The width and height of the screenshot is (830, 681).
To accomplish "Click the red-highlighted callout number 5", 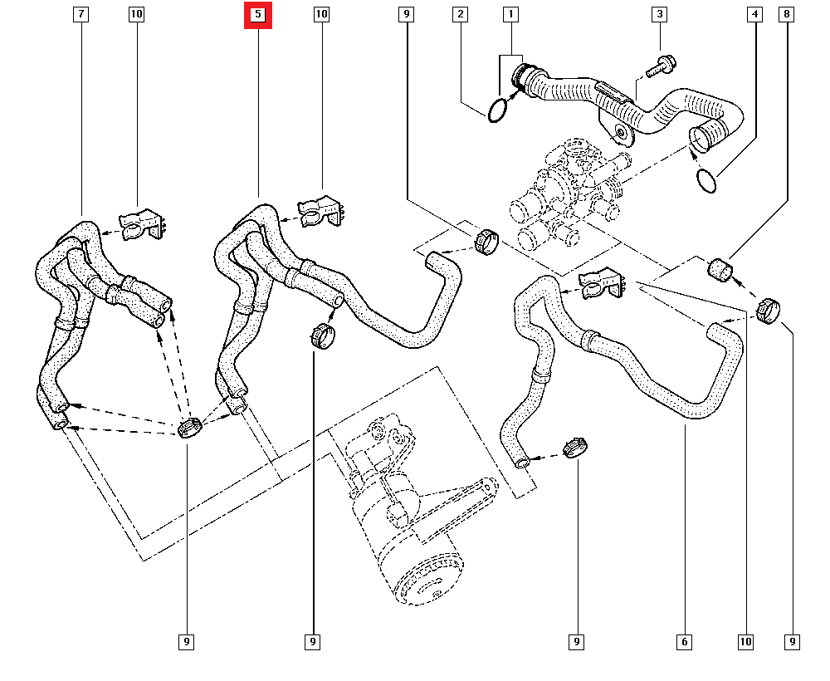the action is (258, 14).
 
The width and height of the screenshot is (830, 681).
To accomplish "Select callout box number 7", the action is (81, 14).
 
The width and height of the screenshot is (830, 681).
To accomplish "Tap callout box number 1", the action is (510, 14).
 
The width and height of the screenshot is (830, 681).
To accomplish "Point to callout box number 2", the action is (461, 14).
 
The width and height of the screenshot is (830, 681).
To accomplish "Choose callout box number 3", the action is (660, 14).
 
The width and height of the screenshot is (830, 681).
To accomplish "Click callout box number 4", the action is (754, 14).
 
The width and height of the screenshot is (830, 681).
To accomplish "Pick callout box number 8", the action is (787, 14).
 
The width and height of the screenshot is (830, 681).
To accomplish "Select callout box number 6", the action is (685, 642).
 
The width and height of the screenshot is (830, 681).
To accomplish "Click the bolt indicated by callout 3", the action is (660, 66).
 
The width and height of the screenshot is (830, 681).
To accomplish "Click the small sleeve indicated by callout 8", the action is (720, 269).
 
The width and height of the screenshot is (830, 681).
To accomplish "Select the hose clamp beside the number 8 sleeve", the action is (768, 311).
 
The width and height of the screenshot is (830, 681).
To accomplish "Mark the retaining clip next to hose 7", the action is (141, 224).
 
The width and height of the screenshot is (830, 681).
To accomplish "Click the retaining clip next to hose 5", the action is (320, 211).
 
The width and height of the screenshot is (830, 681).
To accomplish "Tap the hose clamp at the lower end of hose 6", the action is (576, 448).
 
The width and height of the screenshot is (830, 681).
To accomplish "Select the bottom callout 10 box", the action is (745, 642).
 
